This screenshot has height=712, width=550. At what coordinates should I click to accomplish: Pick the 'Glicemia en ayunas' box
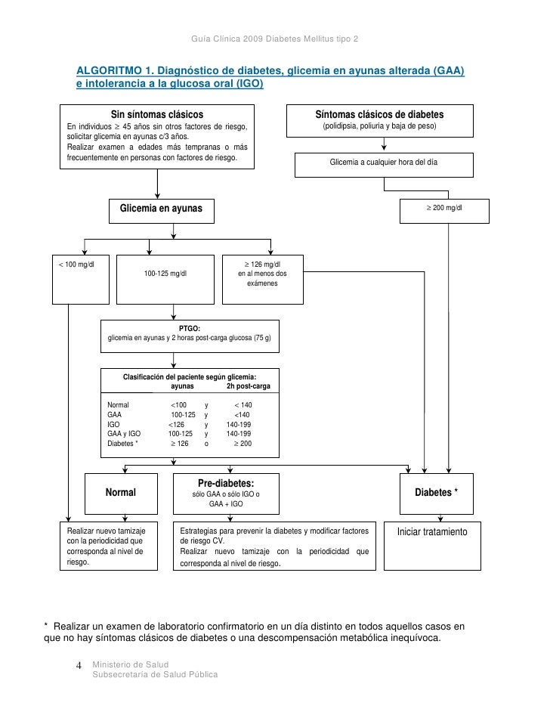coord(156,208)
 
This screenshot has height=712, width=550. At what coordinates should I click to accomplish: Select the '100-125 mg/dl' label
coord(165,274)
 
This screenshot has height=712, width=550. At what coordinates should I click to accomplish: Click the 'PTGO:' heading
coord(190,329)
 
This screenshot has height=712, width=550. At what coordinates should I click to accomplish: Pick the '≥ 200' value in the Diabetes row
coord(242,444)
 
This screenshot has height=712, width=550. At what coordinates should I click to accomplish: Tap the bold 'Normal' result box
coord(120,492)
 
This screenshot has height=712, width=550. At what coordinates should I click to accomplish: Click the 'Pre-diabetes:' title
coord(226,483)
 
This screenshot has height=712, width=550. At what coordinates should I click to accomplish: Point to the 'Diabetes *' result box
coord(436,492)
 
